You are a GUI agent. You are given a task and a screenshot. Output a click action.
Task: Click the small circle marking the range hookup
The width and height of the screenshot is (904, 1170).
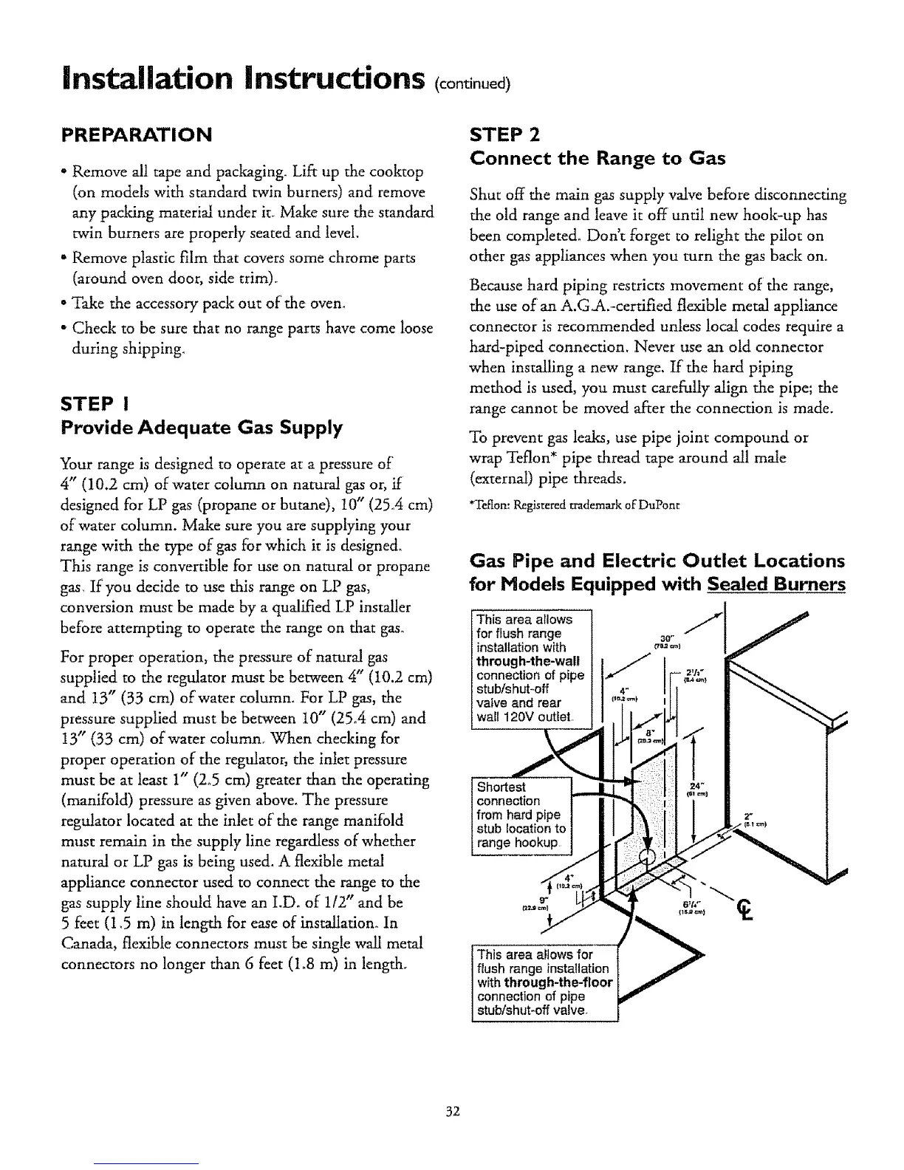pos(646,855)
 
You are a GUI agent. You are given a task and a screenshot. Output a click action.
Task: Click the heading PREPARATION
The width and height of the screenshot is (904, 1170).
pos(137,134)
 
